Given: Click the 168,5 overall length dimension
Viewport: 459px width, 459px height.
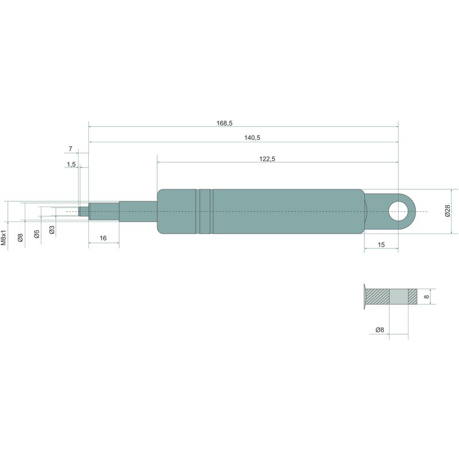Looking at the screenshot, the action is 224,123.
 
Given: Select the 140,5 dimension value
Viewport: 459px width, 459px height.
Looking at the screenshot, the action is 252,138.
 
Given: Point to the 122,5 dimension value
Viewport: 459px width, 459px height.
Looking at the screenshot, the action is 267,159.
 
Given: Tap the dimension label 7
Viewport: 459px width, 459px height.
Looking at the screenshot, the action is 70,149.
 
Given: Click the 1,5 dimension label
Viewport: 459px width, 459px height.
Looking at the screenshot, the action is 71,164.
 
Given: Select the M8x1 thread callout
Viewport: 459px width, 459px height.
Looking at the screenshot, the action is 3,237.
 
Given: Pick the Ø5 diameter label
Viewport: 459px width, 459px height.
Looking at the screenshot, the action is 37,234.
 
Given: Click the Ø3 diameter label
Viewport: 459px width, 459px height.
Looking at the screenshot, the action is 52,230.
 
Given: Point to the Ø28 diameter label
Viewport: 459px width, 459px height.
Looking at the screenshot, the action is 448,211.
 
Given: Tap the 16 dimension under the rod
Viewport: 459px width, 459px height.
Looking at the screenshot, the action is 103,238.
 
